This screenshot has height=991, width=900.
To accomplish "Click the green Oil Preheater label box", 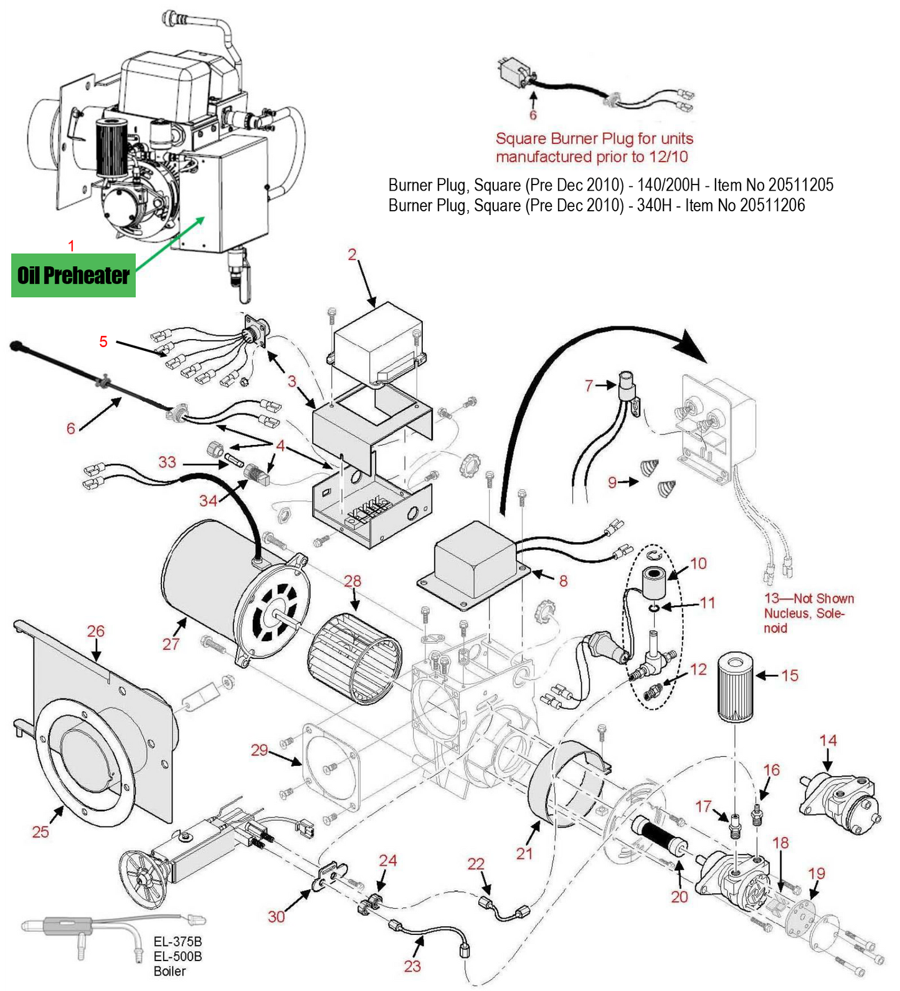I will [73, 275].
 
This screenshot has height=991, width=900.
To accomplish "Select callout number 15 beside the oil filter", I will [789, 676].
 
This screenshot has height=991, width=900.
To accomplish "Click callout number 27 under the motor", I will [171, 644].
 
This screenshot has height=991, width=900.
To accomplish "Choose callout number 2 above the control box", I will [353, 254].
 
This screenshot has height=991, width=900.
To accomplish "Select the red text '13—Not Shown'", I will [809, 598].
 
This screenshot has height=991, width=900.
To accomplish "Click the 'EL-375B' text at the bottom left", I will [178, 942].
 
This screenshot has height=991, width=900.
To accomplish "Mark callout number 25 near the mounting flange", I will [40, 831].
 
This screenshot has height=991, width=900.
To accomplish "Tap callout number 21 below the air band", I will [524, 853].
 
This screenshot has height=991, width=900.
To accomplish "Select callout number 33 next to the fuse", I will [167, 462].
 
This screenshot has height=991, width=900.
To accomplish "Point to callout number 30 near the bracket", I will [277, 916].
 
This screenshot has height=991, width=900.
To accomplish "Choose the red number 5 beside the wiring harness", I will [103, 342].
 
